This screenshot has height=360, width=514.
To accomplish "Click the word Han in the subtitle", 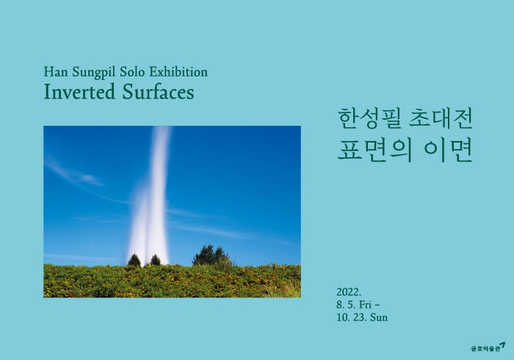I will click(x=55, y=72).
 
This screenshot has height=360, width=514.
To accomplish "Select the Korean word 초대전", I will click(x=439, y=117).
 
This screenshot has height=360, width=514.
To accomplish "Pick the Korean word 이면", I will click(x=449, y=150).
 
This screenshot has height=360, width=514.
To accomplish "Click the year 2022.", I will click(x=350, y=291).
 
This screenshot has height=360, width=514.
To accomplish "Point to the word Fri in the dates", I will click(x=369, y=304).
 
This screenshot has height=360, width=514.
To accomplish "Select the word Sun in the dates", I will click(x=378, y=317).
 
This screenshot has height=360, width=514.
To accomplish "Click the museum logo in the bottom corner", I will click(x=488, y=346).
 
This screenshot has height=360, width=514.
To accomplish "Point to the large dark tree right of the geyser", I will click(x=211, y=255).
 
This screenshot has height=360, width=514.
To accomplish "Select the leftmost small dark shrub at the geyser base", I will click(x=134, y=260).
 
